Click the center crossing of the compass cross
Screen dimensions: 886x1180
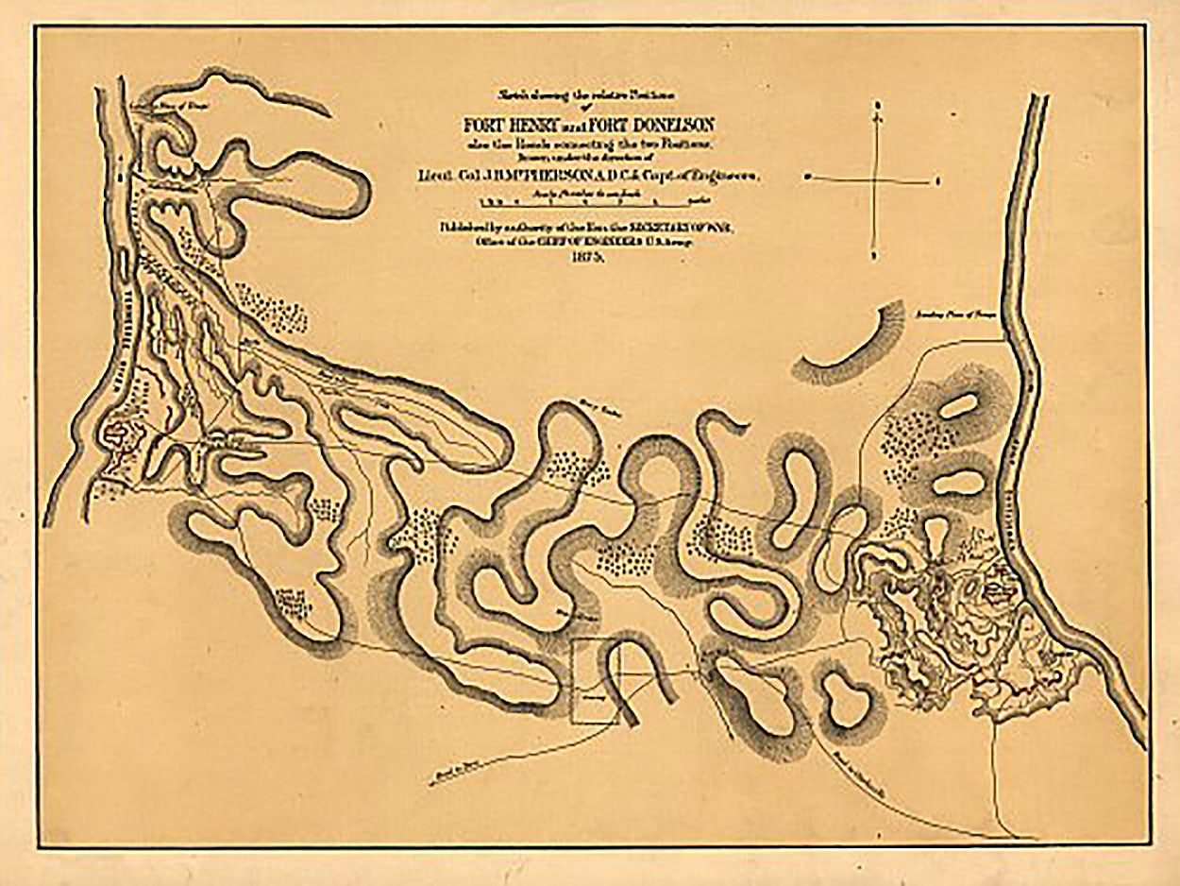click(x=878, y=178)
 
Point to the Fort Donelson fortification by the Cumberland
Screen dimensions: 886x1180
click(x=994, y=591)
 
